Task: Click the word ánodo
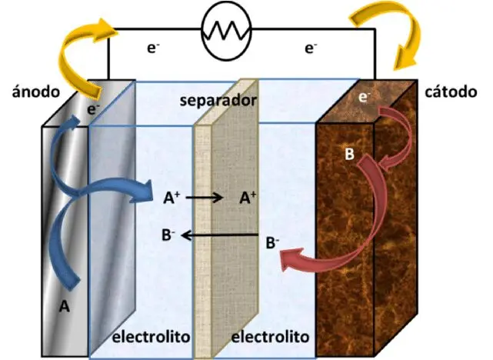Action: click(35, 92)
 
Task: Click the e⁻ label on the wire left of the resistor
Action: click(153, 48)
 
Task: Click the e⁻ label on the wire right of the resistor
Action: click(311, 48)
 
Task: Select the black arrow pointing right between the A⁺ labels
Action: click(204, 198)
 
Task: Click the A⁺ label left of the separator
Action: click(172, 198)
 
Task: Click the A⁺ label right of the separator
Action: click(248, 198)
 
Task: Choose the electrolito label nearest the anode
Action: click(151, 337)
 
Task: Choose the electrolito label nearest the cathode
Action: click(270, 337)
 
